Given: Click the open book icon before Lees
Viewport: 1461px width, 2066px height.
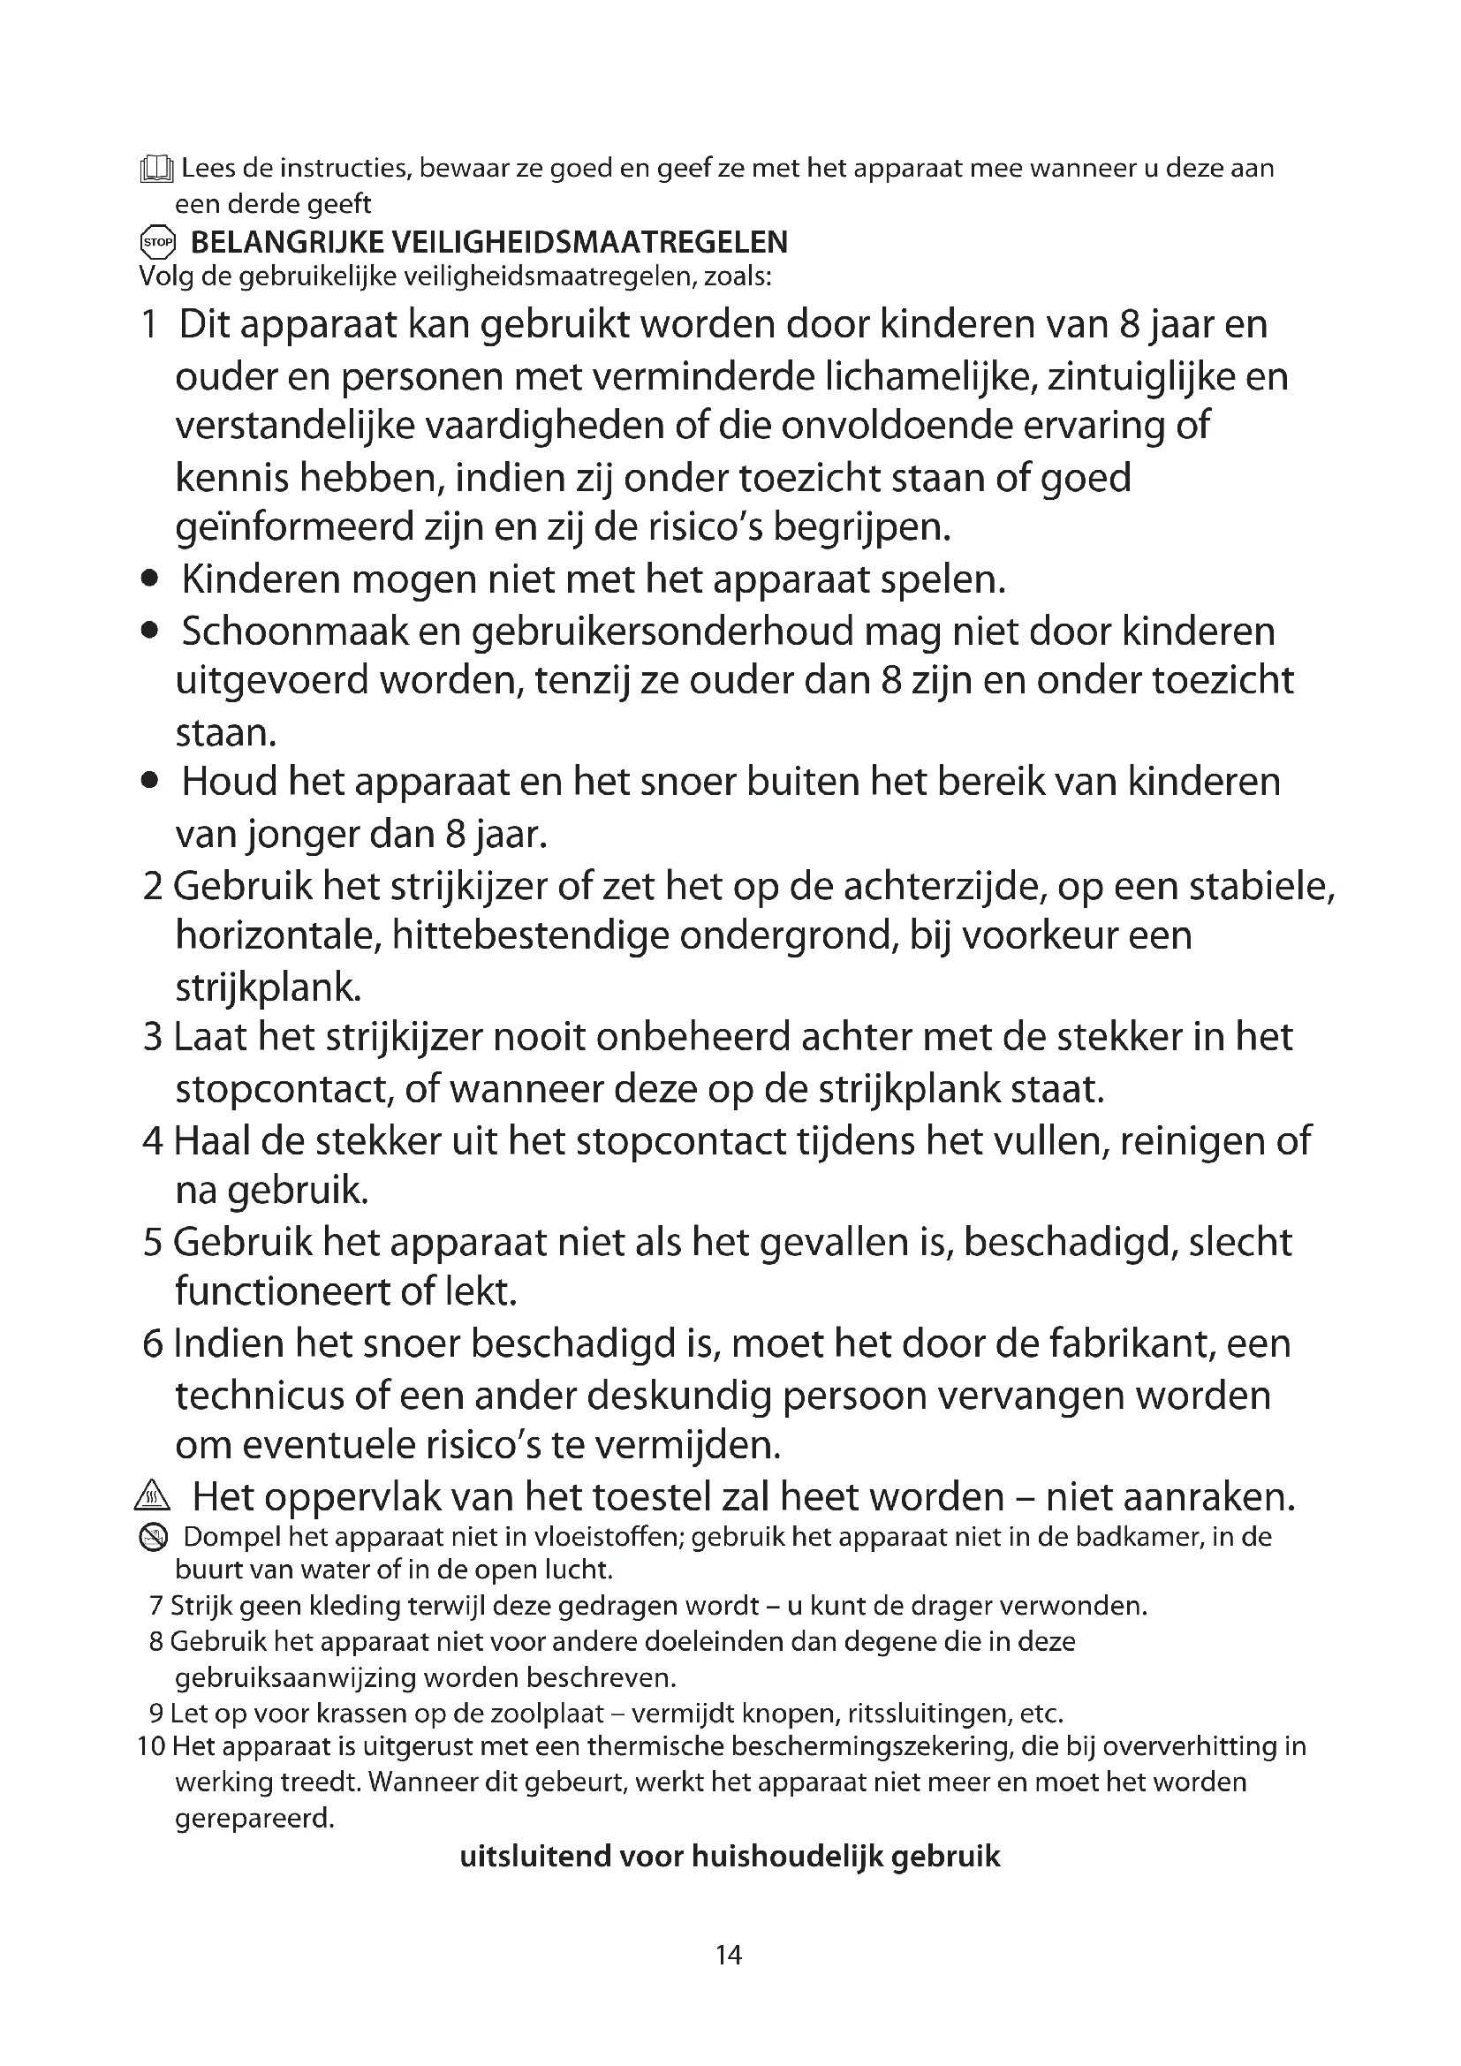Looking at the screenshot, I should click(156, 170).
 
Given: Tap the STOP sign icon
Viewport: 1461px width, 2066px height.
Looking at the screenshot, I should click(157, 242).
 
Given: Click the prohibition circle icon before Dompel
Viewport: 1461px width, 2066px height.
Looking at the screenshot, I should click(154, 1539).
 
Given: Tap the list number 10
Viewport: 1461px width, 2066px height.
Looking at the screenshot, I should click(151, 1746).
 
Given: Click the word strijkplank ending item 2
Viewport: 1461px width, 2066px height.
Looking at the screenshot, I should click(266, 988).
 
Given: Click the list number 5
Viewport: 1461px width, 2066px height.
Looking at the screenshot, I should click(153, 1243).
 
